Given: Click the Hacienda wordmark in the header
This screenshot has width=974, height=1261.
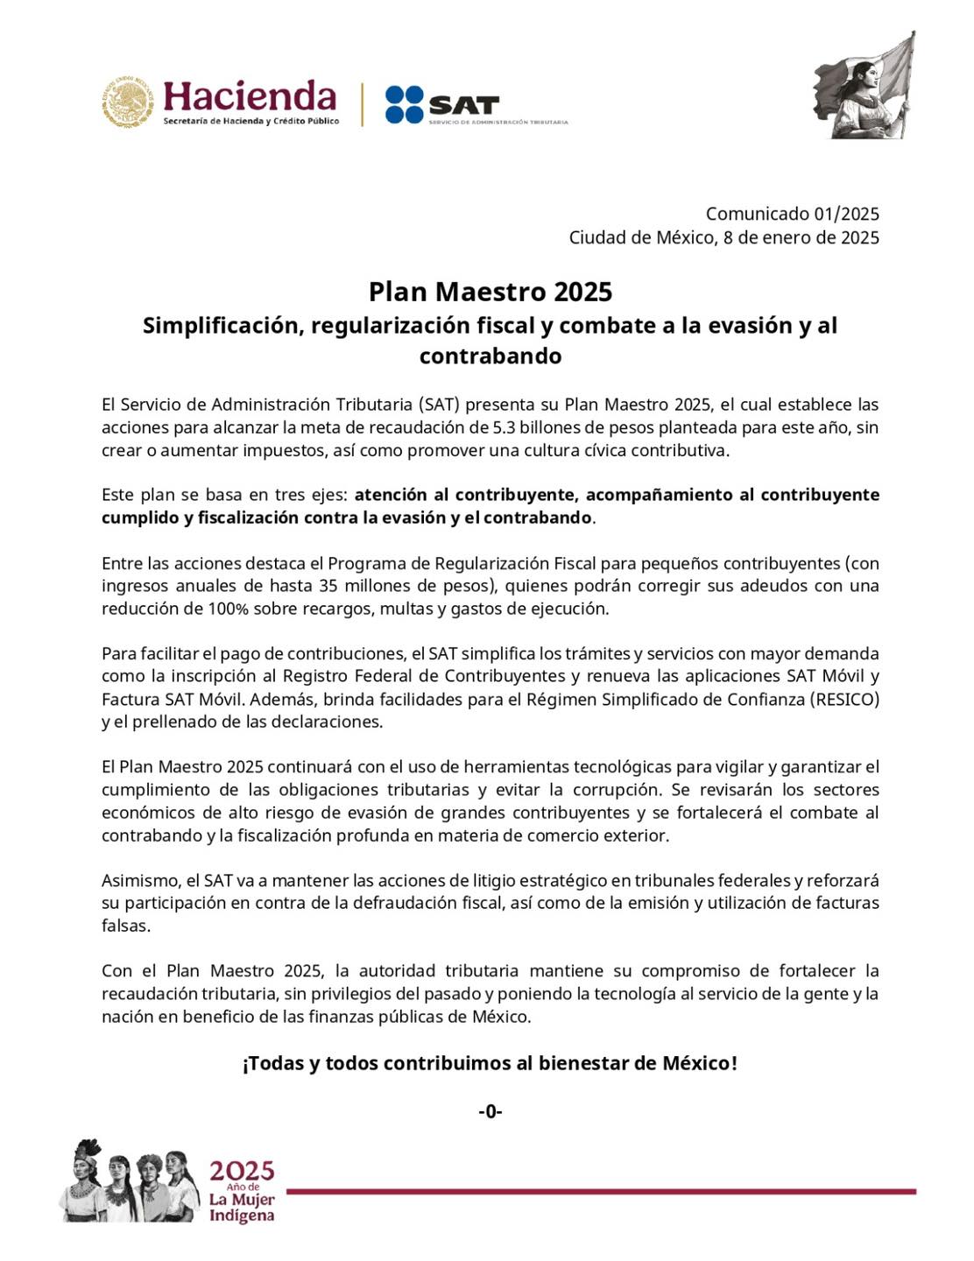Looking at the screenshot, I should click(250, 96).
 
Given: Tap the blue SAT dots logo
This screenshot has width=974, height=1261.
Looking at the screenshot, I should click(404, 104).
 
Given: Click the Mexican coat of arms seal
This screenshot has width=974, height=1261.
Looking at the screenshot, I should click(128, 102).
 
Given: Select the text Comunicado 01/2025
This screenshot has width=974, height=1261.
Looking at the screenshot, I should click(792, 214).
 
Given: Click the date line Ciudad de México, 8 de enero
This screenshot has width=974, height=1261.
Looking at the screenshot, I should click(723, 237).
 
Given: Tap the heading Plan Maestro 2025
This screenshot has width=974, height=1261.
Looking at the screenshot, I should click(490, 291).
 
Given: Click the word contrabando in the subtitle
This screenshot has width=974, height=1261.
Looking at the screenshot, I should click(490, 356).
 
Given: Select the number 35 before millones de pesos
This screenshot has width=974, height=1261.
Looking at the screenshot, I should click(329, 586).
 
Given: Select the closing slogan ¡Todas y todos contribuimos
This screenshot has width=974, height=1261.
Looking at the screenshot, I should click(490, 1063).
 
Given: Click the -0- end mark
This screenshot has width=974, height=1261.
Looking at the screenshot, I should click(490, 1111).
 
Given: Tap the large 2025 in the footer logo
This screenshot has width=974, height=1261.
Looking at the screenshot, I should click(241, 1171).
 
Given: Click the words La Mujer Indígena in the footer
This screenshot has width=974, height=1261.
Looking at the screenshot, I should click(241, 1208).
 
